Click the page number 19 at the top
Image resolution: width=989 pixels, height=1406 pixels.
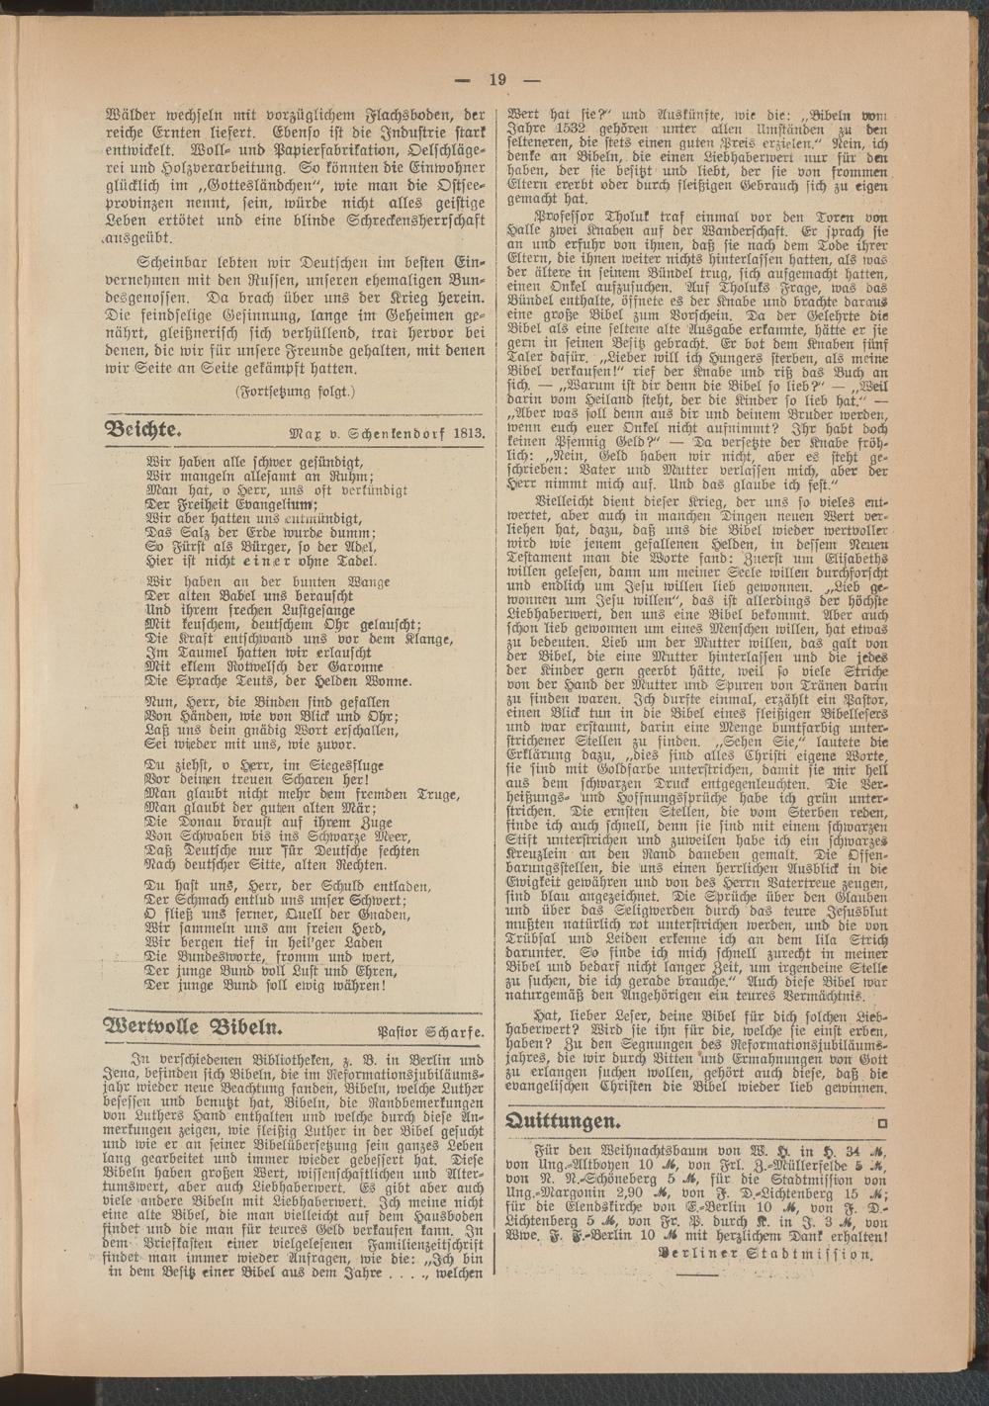495,80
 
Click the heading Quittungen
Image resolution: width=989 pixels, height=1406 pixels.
563,1120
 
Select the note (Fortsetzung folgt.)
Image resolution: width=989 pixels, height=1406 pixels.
294,392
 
